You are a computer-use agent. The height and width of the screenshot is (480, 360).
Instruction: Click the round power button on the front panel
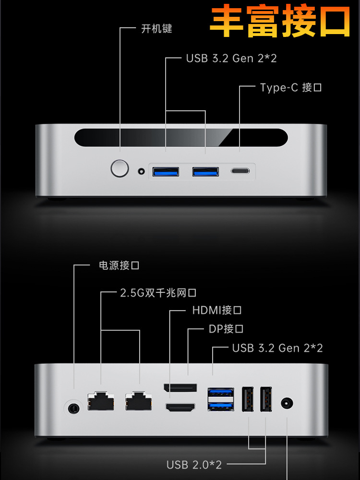point(120,168)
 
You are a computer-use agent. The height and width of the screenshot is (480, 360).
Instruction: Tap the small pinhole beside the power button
point(141,171)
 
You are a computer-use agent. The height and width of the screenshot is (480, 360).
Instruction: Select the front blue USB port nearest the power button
point(166,171)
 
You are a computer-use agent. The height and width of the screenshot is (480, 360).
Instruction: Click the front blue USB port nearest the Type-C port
point(205,171)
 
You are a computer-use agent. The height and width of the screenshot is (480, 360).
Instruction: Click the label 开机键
point(156,29)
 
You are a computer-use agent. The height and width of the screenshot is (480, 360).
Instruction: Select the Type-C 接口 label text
point(290,87)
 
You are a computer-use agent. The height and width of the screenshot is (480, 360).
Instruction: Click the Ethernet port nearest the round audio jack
point(101,401)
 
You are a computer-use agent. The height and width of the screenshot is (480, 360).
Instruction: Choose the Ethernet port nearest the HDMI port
point(139,401)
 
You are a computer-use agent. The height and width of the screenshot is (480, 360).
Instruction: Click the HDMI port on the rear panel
point(180,408)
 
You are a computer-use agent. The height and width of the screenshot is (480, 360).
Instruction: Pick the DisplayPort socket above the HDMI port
point(180,387)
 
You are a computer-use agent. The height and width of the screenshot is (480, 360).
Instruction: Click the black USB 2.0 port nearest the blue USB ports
point(248,399)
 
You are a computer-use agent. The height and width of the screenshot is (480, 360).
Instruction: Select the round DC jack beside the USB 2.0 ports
point(287,403)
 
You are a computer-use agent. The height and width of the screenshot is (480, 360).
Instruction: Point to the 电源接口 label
point(119,265)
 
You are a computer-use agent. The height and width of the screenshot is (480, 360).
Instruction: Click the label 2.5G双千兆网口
point(158,293)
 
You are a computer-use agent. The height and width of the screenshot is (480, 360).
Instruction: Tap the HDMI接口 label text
point(216,310)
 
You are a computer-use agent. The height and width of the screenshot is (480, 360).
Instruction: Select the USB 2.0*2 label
point(194,465)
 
